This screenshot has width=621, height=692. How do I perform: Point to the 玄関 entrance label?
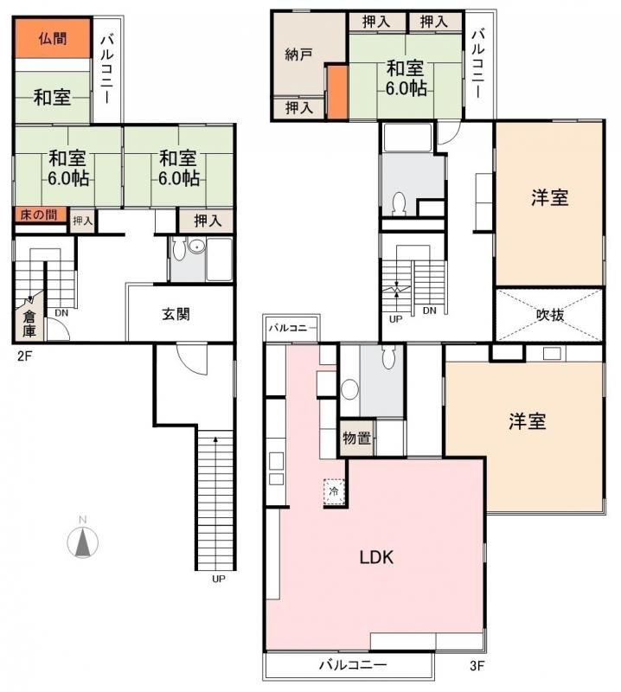[176, 314]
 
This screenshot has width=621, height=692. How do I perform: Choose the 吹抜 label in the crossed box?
[549, 315]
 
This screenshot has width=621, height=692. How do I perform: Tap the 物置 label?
[356, 439]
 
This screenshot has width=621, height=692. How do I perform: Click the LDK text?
[376, 557]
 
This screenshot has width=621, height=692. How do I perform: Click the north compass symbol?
[82, 541]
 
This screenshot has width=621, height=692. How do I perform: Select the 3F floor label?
[477, 666]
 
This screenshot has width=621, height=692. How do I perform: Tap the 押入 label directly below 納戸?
[298, 108]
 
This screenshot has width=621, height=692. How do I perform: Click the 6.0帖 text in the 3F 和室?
[405, 90]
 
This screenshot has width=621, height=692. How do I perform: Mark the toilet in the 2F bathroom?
[179, 250]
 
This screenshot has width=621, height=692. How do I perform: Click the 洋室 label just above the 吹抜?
[549, 197]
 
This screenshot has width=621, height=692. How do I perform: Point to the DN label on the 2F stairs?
[61, 312]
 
